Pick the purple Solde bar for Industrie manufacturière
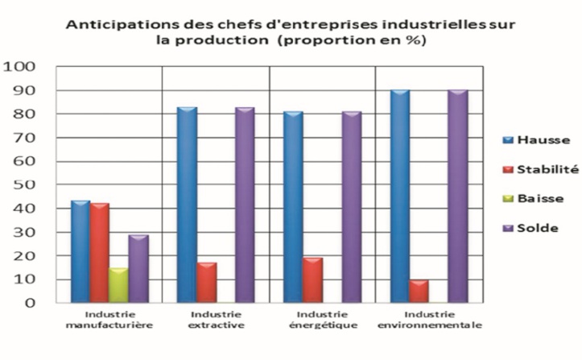click(x=138, y=269)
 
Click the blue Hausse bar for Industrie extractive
click(x=187, y=205)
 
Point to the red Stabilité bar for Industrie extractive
click(x=206, y=283)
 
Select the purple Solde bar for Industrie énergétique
click(x=352, y=208)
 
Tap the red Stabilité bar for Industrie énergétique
click(x=313, y=280)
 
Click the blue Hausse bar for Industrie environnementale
click(x=400, y=197)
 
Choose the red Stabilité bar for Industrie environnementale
click(x=419, y=292)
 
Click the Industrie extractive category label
click(x=216, y=319)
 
